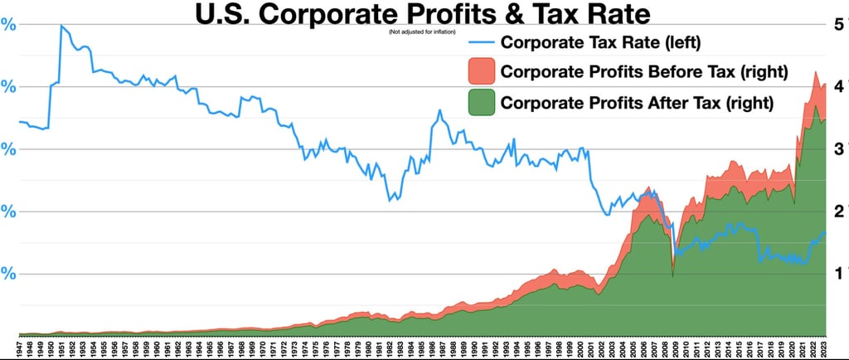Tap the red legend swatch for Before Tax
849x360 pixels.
click(482, 71)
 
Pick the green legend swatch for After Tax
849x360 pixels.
click(482, 103)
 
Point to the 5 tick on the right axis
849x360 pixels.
click(839, 25)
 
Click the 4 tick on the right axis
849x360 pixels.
click(839, 86)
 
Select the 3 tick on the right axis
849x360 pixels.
click(839, 148)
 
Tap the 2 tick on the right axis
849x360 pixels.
click(839, 211)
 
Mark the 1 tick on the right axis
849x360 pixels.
click(839, 273)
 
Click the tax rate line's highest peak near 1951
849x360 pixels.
click(61, 26)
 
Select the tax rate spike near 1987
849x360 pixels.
click(439, 110)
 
